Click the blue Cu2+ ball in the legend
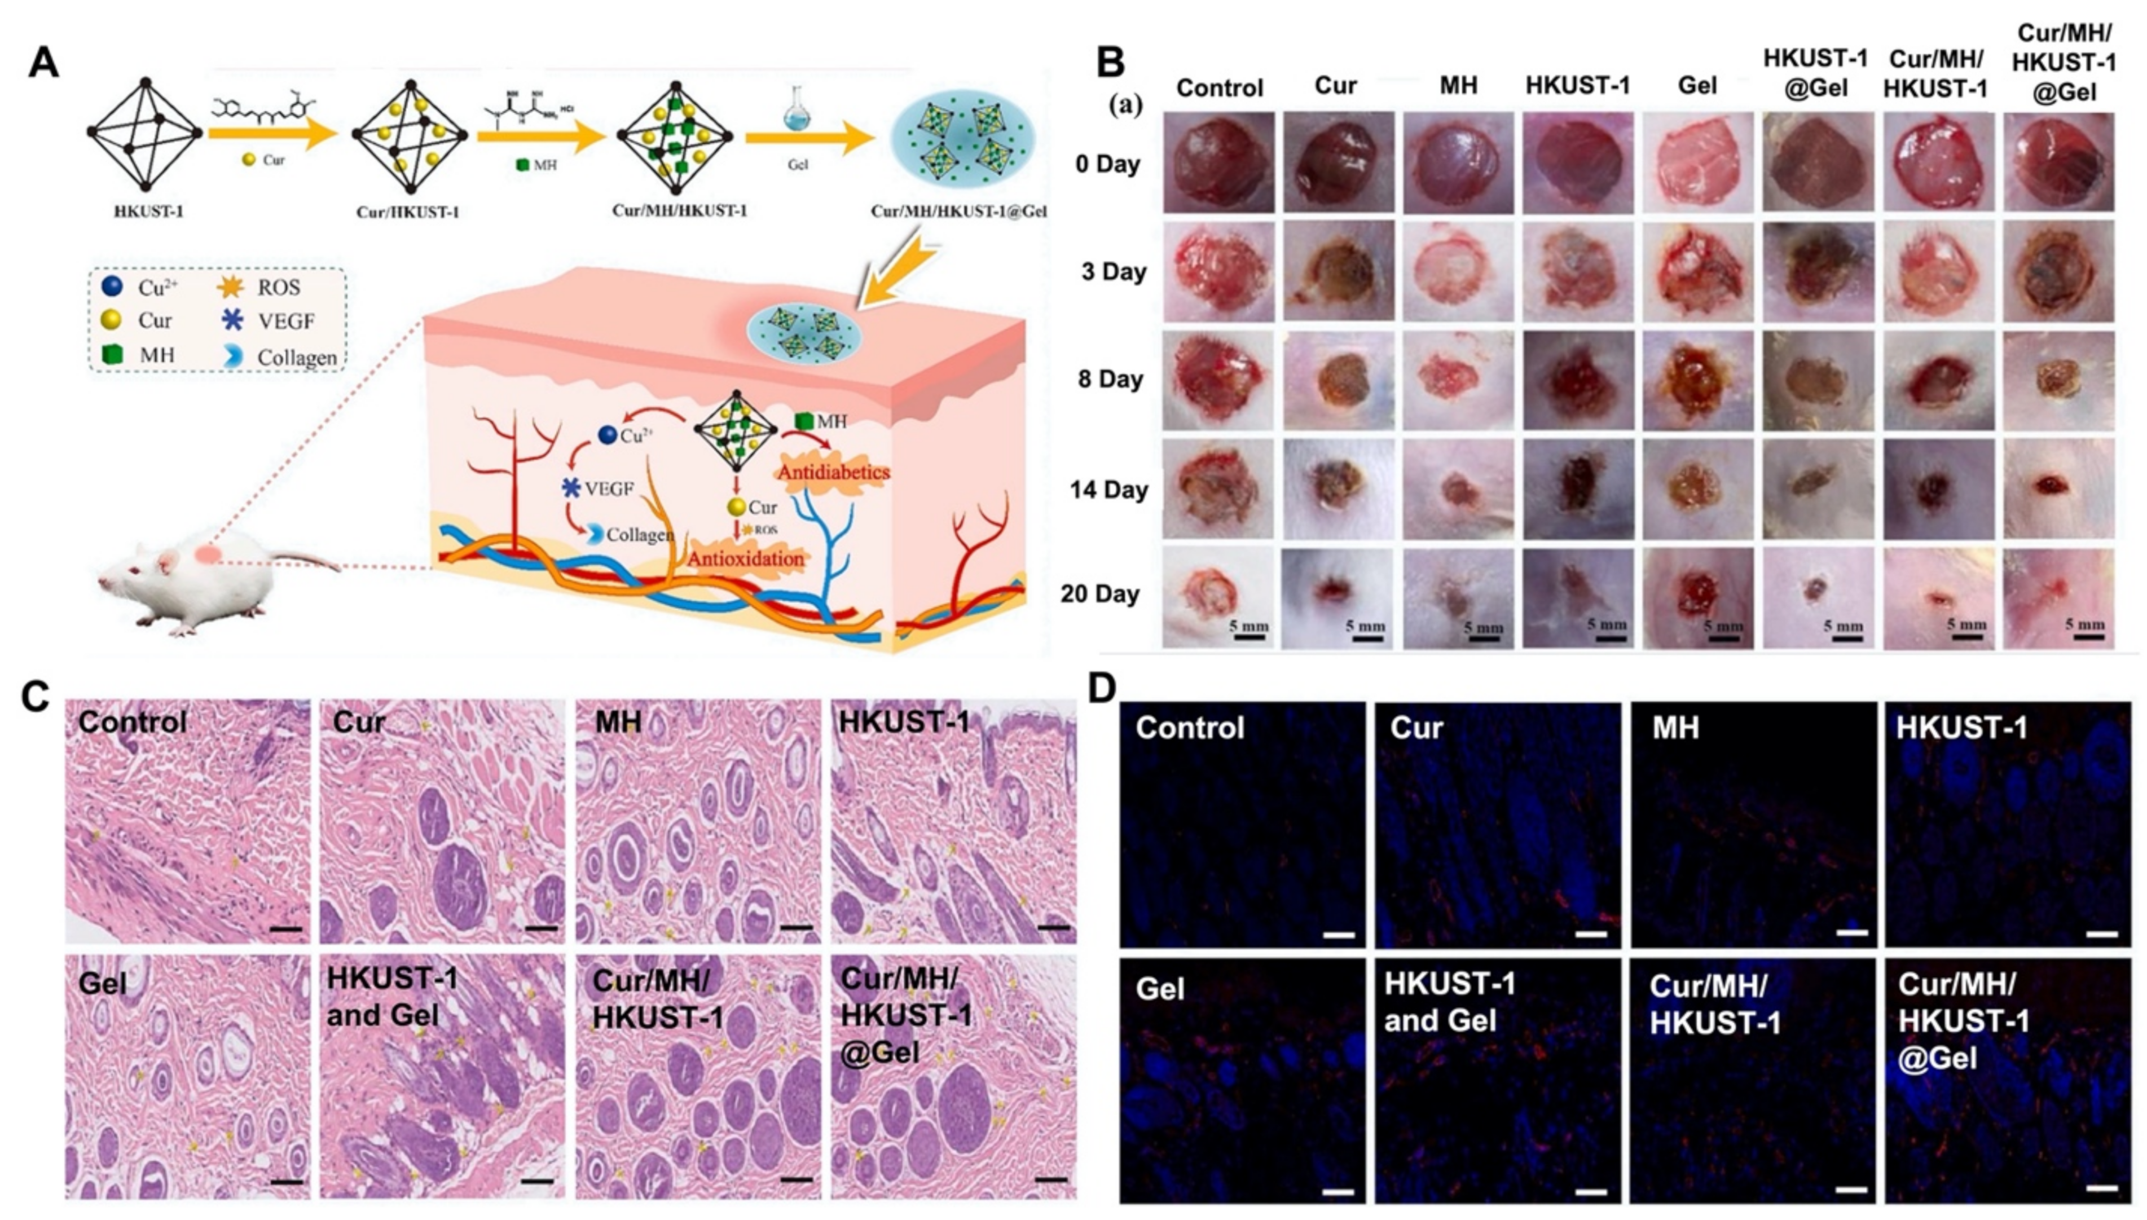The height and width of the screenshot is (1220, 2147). coord(112,287)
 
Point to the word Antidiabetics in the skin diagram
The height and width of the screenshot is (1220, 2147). coord(833,473)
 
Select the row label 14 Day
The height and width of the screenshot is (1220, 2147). coord(1108,490)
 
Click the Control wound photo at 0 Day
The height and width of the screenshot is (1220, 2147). coord(1218,162)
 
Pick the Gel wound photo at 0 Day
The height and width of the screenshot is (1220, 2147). coord(1697,162)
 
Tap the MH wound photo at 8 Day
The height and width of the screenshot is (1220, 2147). coord(1458,380)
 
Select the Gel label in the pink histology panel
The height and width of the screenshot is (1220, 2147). coord(102,983)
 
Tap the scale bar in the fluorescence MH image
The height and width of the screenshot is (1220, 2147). coord(1852,932)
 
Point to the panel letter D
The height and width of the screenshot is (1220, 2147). coord(1103,689)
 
